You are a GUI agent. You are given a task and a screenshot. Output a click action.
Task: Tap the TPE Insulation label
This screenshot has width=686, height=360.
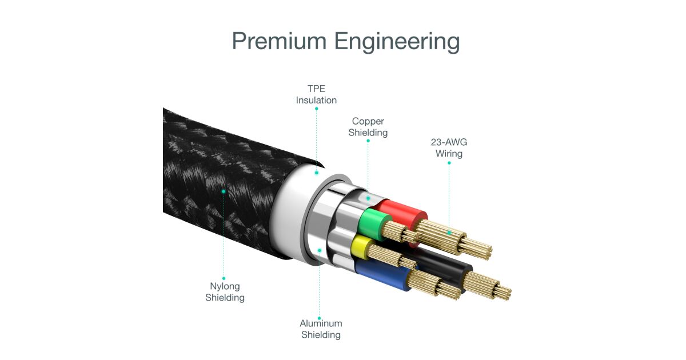point(316,94)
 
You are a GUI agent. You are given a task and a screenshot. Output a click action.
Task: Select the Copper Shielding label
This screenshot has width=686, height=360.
point(368,127)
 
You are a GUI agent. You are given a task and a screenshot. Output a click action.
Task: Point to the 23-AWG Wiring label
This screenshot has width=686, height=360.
point(449,148)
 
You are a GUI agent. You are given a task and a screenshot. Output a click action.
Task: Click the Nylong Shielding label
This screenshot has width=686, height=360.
point(225,292)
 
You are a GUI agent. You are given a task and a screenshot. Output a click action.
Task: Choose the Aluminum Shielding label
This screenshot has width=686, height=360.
point(320,329)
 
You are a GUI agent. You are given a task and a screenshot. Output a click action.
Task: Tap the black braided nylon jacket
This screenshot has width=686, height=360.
point(217,171)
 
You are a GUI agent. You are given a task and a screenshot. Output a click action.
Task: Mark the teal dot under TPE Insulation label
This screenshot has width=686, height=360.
point(316,108)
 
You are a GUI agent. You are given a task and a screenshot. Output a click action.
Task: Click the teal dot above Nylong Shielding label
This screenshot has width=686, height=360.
point(224,278)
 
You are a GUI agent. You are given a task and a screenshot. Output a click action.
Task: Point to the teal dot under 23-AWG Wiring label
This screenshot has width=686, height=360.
point(449,163)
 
